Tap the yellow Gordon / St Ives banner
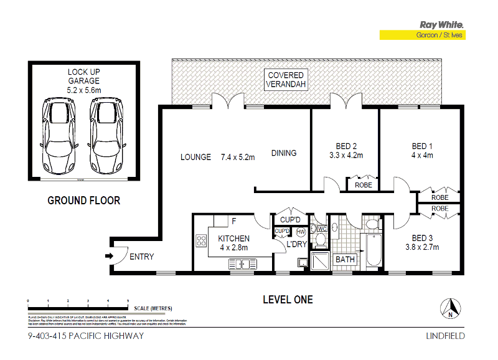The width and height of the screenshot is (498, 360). pyautogui.click(x=423, y=36)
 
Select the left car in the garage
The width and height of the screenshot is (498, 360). pyautogui.click(x=60, y=138)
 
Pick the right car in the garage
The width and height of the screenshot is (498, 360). pyautogui.click(x=104, y=138)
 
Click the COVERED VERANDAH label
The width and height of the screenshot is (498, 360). pyautogui.click(x=286, y=79)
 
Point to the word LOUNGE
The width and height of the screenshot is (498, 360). pyautogui.click(x=195, y=157)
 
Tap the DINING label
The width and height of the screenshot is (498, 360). pyautogui.click(x=283, y=153)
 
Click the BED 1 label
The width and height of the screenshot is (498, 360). pyautogui.click(x=422, y=146)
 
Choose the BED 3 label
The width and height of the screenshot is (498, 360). pyautogui.click(x=422, y=238)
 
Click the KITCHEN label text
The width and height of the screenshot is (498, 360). pyautogui.click(x=233, y=239)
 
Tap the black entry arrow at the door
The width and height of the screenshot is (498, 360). pyautogui.click(x=110, y=255)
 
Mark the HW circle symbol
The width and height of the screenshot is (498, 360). pyautogui.click(x=301, y=232)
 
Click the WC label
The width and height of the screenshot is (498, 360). pyautogui.click(x=322, y=229)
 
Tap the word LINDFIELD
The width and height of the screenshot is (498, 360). pyautogui.click(x=445, y=336)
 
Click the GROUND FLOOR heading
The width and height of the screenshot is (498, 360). pyautogui.click(x=84, y=201)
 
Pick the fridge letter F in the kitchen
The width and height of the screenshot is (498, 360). pyautogui.click(x=233, y=221)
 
